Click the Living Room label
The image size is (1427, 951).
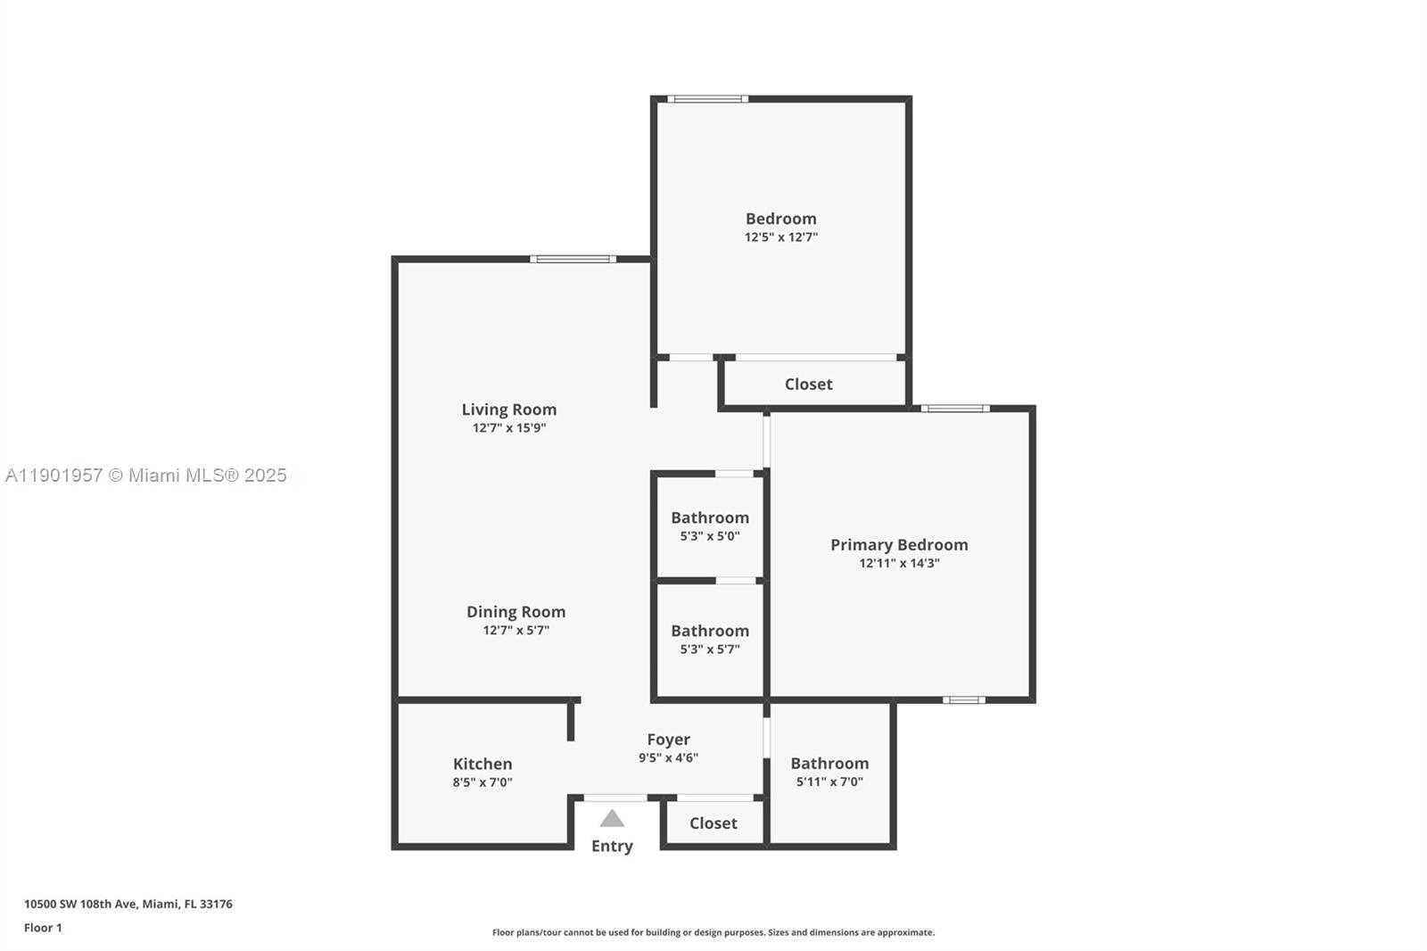508,409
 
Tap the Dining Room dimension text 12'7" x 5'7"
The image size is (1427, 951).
516,631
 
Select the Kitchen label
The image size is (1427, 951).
483,764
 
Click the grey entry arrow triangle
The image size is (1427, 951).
612,819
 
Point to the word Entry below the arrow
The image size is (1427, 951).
612,846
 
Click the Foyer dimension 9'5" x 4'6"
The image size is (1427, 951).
668,758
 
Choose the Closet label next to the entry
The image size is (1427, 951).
713,823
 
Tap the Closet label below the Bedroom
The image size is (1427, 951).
808,385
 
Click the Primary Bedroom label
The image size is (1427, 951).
899,545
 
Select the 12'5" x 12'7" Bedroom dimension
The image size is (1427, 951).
781,237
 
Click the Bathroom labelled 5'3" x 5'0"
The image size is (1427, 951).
710,518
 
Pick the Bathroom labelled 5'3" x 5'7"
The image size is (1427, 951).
710,632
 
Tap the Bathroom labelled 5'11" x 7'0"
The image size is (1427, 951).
829,764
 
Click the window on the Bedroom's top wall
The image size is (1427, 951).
707,99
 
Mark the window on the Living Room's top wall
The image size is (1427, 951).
573,260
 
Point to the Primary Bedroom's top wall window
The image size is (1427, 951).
955,409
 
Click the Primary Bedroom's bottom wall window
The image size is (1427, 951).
964,700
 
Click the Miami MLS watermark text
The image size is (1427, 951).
146,475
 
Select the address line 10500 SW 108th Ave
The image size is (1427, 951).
128,904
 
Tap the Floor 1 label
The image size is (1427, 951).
43,928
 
